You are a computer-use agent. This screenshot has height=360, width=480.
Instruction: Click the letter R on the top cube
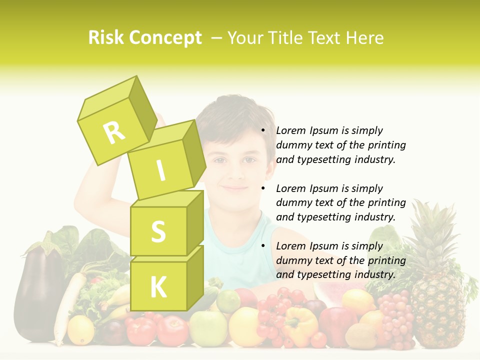(x=114, y=132)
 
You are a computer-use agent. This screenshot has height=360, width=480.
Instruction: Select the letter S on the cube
(x=158, y=231)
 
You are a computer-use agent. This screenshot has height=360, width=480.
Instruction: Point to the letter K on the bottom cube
(x=158, y=287)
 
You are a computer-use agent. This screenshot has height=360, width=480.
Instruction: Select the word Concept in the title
(x=165, y=38)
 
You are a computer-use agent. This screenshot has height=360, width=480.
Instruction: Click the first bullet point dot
(x=263, y=130)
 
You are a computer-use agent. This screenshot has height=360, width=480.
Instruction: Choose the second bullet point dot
(x=263, y=188)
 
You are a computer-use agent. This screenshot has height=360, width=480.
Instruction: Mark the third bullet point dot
(x=263, y=246)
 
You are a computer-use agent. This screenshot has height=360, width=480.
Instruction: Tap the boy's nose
(x=234, y=172)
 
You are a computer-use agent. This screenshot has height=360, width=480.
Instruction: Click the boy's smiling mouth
(x=234, y=188)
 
